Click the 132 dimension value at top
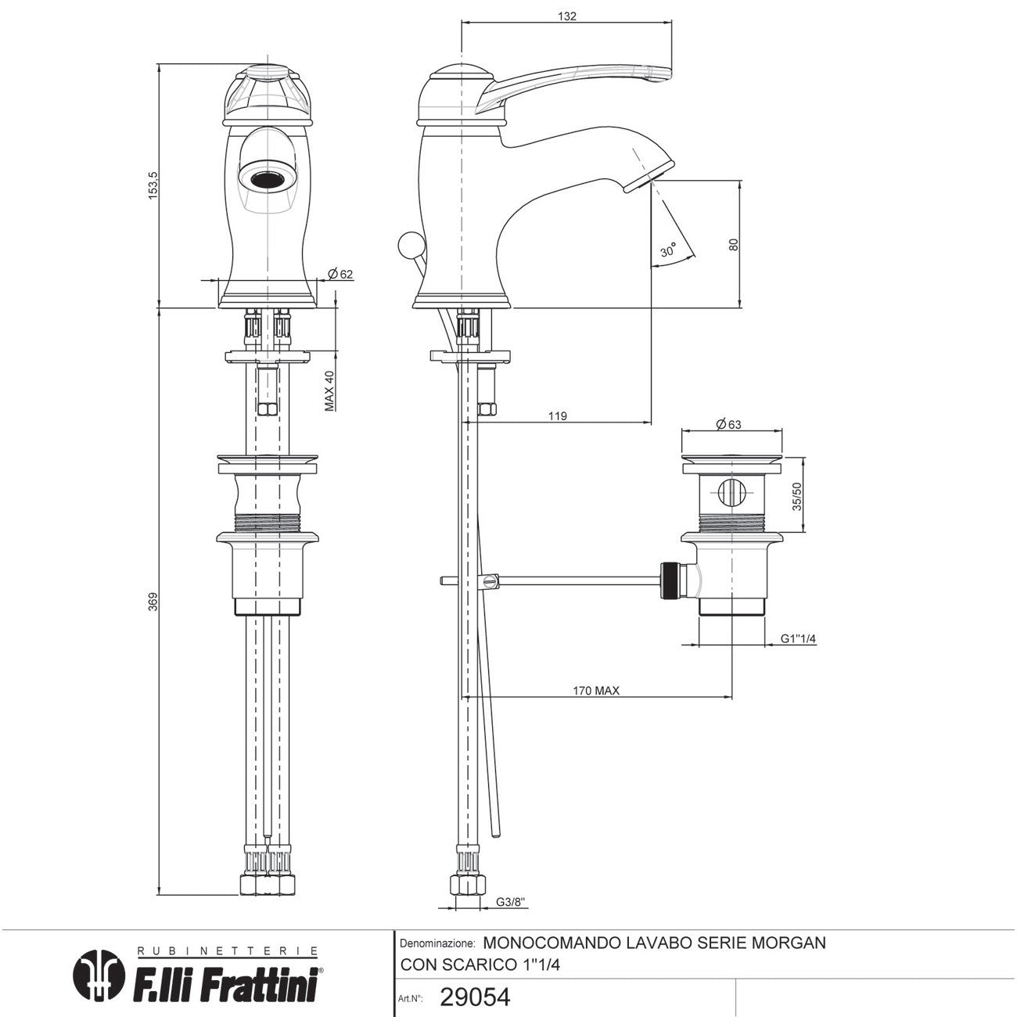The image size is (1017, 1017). (568, 16)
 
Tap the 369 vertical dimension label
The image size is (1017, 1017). (153, 601)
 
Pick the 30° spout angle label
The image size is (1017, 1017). (667, 251)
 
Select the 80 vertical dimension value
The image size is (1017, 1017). (733, 243)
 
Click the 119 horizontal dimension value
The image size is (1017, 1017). (557, 416)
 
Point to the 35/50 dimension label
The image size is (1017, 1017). (797, 495)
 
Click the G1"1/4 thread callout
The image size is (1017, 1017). (799, 638)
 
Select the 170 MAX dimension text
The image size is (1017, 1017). (596, 690)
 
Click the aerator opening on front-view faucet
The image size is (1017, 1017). (267, 176)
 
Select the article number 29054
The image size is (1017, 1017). (475, 997)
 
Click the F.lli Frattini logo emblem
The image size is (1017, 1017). (99, 975)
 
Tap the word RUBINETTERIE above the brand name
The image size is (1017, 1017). (228, 951)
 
